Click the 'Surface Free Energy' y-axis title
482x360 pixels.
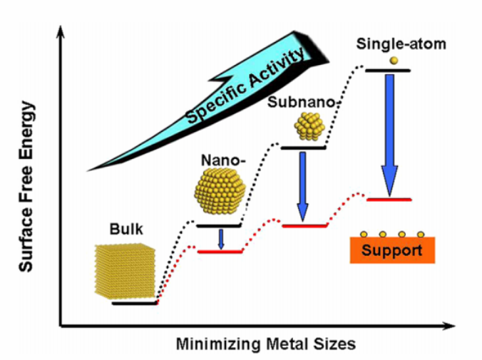pyautogui.click(x=26, y=187)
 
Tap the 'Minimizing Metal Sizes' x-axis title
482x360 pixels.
pyautogui.click(x=266, y=344)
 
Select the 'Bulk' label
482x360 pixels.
pyautogui.click(x=126, y=230)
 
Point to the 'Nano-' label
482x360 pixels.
pyautogui.click(x=223, y=160)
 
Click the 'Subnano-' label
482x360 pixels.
pyautogui.click(x=302, y=102)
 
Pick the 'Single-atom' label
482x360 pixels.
pyautogui.click(x=401, y=44)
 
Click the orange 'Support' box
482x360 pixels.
pyautogui.click(x=392, y=250)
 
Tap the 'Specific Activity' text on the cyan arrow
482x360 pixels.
pyautogui.click(x=246, y=86)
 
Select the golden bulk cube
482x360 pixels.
pyautogui.click(x=125, y=271)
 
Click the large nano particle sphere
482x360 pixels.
pyautogui.click(x=220, y=190)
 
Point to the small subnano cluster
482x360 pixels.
pyautogui.click(x=309, y=125)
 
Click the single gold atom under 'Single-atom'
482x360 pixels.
pyautogui.click(x=394, y=61)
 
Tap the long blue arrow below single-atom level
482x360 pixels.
pyautogui.click(x=389, y=135)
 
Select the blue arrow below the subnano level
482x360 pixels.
pyautogui.click(x=303, y=186)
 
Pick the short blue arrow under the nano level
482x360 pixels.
pyautogui.click(x=221, y=240)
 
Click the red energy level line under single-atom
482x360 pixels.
pyautogui.click(x=389, y=200)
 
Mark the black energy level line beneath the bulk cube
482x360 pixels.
pyautogui.click(x=135, y=304)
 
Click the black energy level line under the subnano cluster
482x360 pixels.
pyautogui.click(x=304, y=148)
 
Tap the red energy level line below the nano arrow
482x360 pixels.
pyautogui.click(x=220, y=252)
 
